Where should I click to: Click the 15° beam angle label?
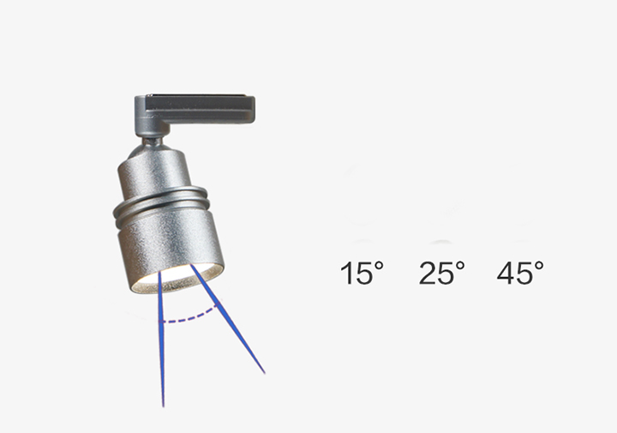[x=362, y=273]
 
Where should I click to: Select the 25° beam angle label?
[x=441, y=273]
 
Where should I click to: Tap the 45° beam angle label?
[x=520, y=273]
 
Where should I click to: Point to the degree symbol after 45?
[x=539, y=266]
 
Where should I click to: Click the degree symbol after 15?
[x=379, y=266]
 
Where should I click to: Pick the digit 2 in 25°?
[x=428, y=273]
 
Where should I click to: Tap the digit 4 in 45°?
[x=506, y=273]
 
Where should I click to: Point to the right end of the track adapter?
[x=255, y=109]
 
